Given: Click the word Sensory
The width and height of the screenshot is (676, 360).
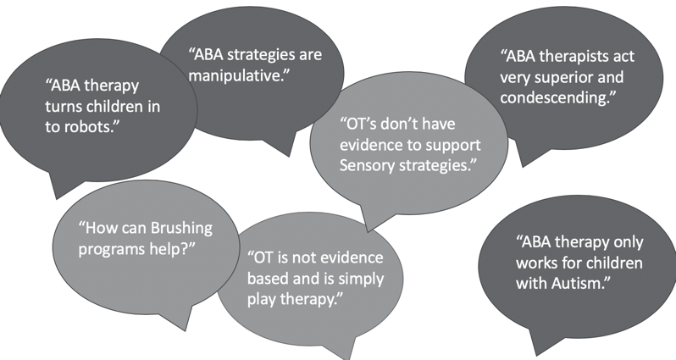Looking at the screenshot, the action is point(367,166).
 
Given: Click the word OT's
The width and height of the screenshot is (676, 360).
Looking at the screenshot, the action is point(358,125).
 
